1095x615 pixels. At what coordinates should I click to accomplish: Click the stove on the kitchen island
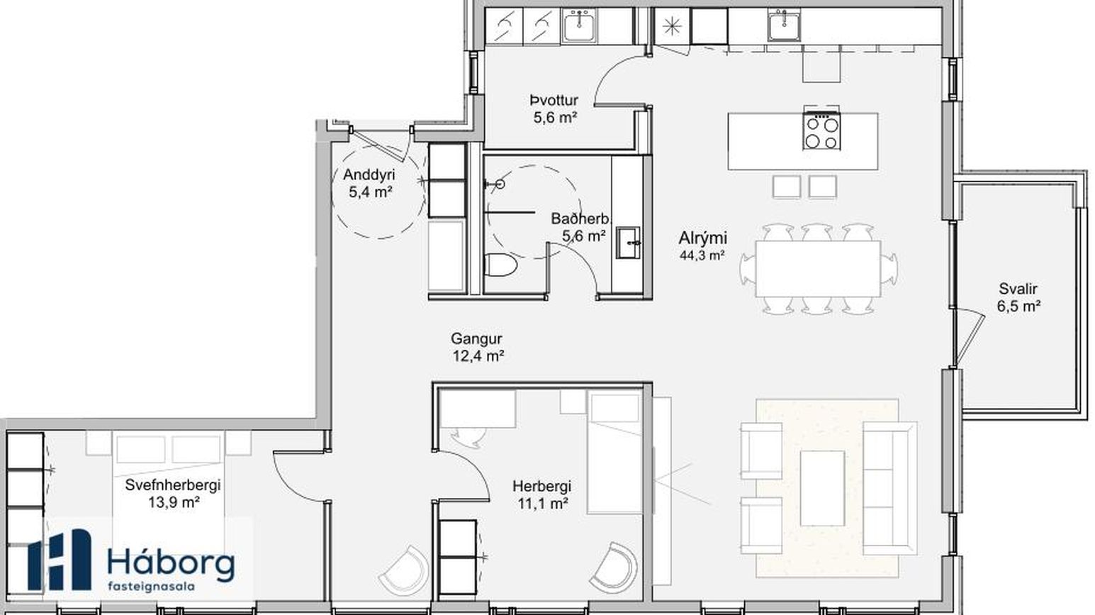point(821,131)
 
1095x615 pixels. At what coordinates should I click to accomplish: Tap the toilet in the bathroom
point(500,265)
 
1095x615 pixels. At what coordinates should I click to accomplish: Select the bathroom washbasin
point(628,242)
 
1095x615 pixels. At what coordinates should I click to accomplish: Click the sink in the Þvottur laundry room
point(580,26)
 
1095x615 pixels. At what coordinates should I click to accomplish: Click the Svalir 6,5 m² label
point(1018,297)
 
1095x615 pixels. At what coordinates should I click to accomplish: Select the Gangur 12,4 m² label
point(477,347)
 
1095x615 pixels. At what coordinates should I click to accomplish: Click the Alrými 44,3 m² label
point(702,245)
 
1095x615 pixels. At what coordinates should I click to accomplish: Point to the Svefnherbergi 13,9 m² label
point(173,493)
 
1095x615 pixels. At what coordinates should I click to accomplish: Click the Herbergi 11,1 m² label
point(542,494)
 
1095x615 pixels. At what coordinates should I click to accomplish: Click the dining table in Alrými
point(818,269)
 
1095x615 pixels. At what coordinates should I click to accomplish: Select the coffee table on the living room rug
point(822,488)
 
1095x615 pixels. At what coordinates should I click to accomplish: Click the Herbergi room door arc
point(476,465)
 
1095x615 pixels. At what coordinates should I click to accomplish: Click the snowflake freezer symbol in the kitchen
point(672,26)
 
